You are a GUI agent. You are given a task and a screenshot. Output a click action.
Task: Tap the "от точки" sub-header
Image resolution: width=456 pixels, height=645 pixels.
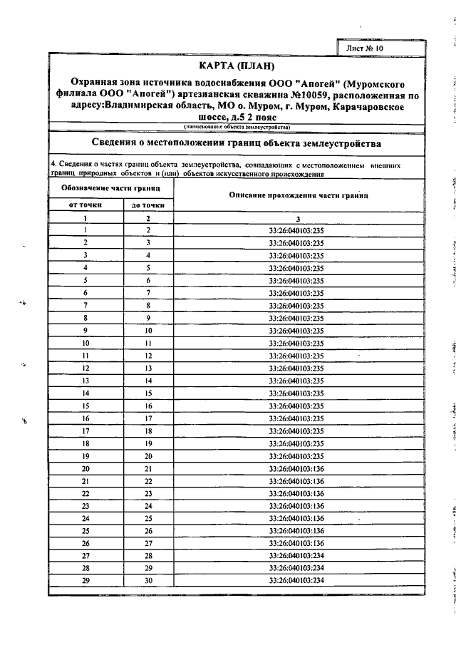pos(85,205)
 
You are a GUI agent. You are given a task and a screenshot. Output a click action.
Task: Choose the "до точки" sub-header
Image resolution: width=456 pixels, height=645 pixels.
pos(148,205)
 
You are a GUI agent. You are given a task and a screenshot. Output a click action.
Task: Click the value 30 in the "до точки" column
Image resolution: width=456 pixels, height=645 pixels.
pos(149,581)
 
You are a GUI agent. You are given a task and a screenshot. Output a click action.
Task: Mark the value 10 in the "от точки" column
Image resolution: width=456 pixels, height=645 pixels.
pos(85,343)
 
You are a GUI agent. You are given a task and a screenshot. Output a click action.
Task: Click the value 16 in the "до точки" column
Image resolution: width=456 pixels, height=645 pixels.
pos(149,406)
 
